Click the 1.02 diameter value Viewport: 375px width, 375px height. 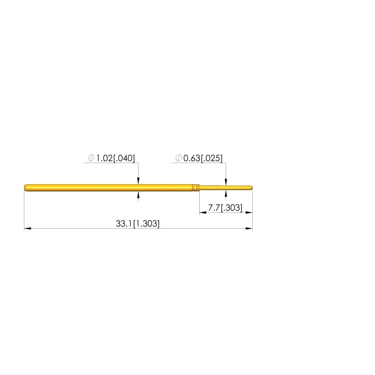click(x=104, y=158)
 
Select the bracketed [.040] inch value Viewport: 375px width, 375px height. click(x=124, y=158)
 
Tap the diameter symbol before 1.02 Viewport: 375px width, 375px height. click(x=91, y=158)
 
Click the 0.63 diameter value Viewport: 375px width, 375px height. click(x=192, y=158)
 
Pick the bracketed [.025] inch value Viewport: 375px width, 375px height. click(x=212, y=158)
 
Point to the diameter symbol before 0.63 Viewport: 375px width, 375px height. click(x=179, y=158)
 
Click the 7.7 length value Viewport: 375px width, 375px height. click(x=214, y=208)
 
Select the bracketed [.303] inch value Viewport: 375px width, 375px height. click(x=232, y=208)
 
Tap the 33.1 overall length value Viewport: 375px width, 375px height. click(x=124, y=224)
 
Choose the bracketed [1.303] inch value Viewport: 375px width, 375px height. click(x=146, y=224)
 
